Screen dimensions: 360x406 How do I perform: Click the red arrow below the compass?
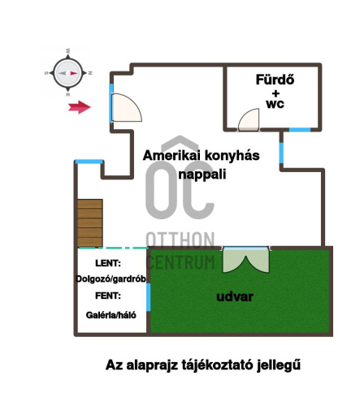point(79,107)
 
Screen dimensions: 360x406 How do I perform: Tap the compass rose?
point(68,73)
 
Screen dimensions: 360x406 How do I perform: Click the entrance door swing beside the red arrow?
point(127,108)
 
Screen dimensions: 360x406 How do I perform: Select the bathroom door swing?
point(249,119)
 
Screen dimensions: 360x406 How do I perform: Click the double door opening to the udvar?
point(245,260)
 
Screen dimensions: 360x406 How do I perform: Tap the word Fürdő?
point(275,80)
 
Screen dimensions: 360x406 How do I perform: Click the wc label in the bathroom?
point(275,104)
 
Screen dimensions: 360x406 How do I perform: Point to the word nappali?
point(202,174)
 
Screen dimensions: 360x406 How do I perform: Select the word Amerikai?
point(171,155)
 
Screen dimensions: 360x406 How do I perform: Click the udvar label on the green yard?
point(235,296)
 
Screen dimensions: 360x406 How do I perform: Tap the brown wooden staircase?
point(90,223)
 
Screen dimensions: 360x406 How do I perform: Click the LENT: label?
point(108,263)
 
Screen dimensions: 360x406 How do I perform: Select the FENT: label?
point(108,296)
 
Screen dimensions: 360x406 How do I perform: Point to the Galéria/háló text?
point(111,315)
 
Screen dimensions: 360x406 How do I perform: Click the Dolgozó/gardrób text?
point(111,279)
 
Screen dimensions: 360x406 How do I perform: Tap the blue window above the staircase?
point(89,162)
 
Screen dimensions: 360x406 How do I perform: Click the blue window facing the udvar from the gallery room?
point(149,297)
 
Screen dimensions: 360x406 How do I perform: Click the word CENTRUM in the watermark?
point(181,261)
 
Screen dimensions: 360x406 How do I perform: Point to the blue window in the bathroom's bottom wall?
point(300,130)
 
